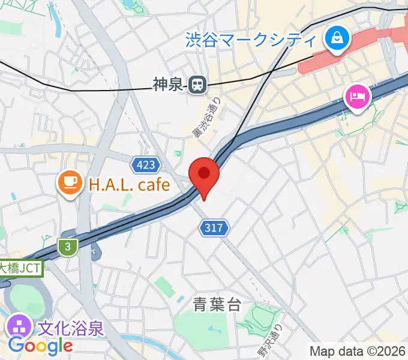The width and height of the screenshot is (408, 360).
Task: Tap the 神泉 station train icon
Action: coord(196,86)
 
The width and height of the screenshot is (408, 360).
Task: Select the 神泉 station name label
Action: coord(167,86)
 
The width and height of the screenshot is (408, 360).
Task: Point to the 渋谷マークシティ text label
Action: coord(250,40)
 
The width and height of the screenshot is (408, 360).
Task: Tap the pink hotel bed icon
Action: coord(357,96)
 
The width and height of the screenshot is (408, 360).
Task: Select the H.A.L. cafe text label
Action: coord(130,184)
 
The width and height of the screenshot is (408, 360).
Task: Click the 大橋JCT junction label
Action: coord(21,268)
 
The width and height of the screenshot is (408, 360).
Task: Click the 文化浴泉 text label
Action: coord(71,328)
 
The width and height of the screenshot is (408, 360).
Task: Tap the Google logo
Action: coord(40,346)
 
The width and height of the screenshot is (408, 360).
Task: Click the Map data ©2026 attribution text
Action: coord(357,351)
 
